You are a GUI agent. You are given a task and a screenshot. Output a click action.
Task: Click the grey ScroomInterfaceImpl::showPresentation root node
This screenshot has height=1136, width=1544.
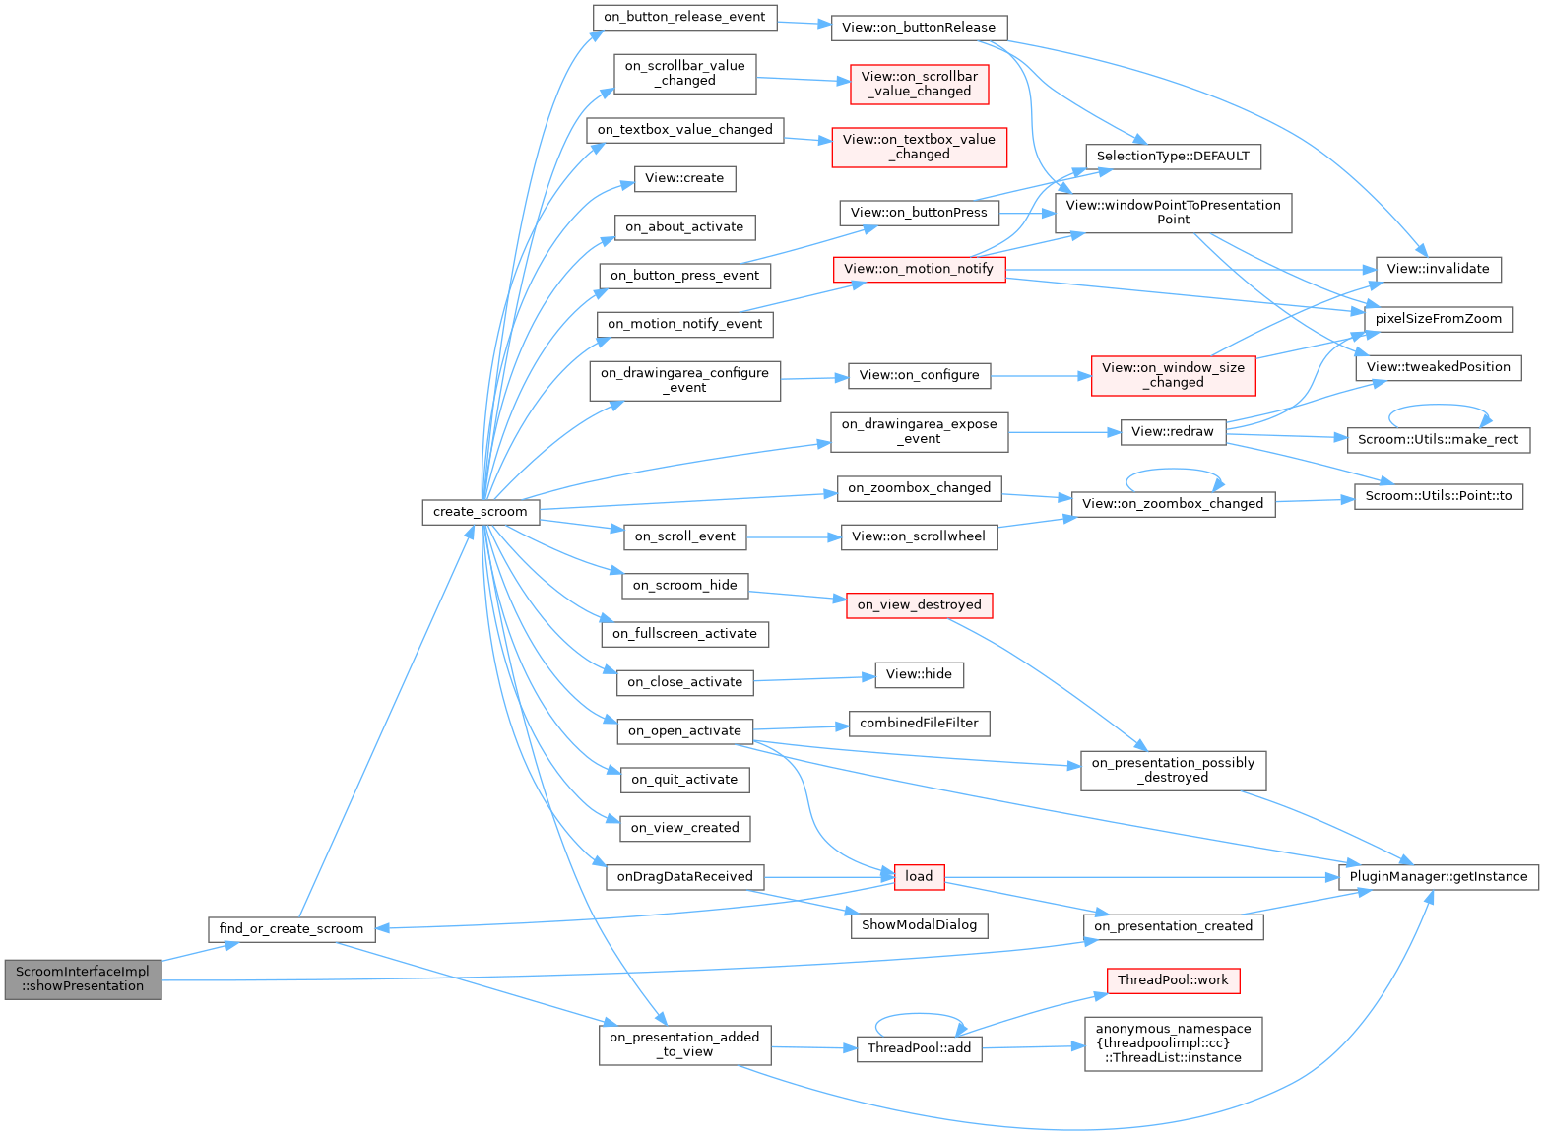pyautogui.click(x=83, y=978)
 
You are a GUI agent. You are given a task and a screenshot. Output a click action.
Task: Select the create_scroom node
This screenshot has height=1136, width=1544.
pyautogui.click(x=481, y=511)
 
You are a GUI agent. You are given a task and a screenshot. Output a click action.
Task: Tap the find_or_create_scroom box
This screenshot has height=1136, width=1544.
pyautogui.click(x=291, y=928)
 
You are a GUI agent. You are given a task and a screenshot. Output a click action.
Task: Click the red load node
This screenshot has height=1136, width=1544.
pyautogui.click(x=919, y=876)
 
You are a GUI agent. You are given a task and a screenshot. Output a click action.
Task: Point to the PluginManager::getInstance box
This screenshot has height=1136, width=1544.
pyautogui.click(x=1438, y=876)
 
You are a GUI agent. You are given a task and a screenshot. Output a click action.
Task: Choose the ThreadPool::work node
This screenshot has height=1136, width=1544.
pyautogui.click(x=1173, y=980)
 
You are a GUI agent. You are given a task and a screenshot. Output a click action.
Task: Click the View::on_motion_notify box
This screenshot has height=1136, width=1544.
pyautogui.click(x=919, y=269)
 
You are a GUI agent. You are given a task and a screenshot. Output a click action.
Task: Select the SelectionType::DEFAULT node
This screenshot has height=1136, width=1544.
pyautogui.click(x=1173, y=156)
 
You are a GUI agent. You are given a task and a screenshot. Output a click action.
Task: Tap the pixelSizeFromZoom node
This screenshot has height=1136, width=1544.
pyautogui.click(x=1438, y=318)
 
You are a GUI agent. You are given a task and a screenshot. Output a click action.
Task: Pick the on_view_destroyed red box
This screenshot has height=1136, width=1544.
pyautogui.click(x=919, y=604)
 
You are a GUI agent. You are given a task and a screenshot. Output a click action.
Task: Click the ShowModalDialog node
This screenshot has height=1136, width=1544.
pyautogui.click(x=919, y=924)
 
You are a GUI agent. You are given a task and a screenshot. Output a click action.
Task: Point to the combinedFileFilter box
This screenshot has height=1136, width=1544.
pyautogui.click(x=919, y=723)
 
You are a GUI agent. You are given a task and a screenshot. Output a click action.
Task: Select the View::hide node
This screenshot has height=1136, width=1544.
pyautogui.click(x=919, y=674)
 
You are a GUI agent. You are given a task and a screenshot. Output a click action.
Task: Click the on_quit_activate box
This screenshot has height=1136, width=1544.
pyautogui.click(x=684, y=779)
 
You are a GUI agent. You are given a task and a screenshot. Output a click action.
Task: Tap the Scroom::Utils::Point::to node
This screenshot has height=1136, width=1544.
pyautogui.click(x=1438, y=496)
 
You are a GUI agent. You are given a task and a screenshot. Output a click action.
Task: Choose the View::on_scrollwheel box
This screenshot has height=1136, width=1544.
pyautogui.click(x=919, y=536)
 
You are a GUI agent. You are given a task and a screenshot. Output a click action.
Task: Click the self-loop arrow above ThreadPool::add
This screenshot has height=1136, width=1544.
pyautogui.click(x=919, y=1015)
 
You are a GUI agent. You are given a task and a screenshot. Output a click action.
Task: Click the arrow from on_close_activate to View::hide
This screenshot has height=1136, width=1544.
pyautogui.click(x=814, y=677)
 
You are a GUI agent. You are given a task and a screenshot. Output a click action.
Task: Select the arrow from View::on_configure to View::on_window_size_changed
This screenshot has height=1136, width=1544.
pyautogui.click(x=1041, y=375)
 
